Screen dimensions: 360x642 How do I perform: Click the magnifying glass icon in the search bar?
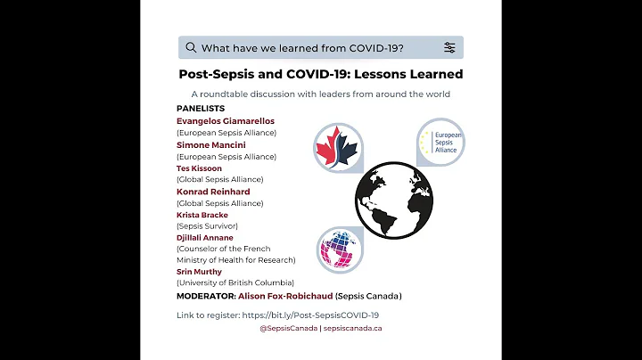(x=191, y=47)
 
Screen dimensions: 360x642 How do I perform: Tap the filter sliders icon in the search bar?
(x=449, y=47)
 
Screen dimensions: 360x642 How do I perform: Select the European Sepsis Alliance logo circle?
(x=440, y=143)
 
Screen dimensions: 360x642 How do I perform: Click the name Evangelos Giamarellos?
(x=226, y=120)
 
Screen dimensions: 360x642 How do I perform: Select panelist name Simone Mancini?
(x=210, y=144)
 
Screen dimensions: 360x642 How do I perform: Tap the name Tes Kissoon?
(x=200, y=168)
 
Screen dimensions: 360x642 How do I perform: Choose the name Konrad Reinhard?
(x=213, y=192)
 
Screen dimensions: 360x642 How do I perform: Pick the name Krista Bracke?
(x=202, y=215)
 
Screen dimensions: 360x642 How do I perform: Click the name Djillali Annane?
(x=205, y=238)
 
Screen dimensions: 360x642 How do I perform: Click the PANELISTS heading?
(x=201, y=108)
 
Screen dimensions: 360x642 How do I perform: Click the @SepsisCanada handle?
(x=288, y=329)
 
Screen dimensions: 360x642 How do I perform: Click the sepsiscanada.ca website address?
(x=352, y=329)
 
